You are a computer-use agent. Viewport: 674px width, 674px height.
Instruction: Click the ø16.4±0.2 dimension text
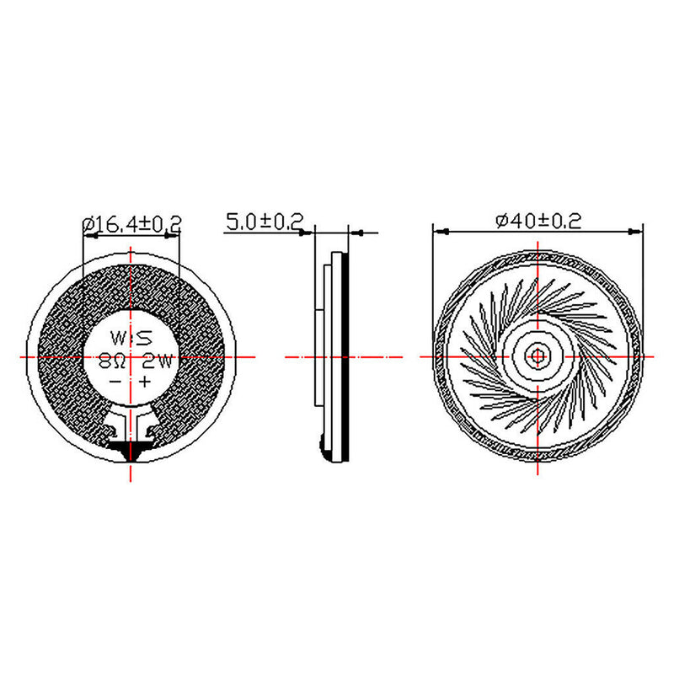click(x=132, y=224)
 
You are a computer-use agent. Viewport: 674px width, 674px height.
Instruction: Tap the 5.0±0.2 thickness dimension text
click(x=264, y=222)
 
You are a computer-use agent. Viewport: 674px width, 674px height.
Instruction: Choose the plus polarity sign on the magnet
click(x=145, y=382)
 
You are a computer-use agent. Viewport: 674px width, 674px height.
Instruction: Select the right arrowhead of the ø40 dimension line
click(x=639, y=231)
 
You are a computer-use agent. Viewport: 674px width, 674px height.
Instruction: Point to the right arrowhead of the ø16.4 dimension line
click(x=175, y=236)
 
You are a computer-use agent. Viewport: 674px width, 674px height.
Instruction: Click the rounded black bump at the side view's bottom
click(x=322, y=448)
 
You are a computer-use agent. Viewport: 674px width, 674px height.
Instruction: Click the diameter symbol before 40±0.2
click(x=500, y=222)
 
